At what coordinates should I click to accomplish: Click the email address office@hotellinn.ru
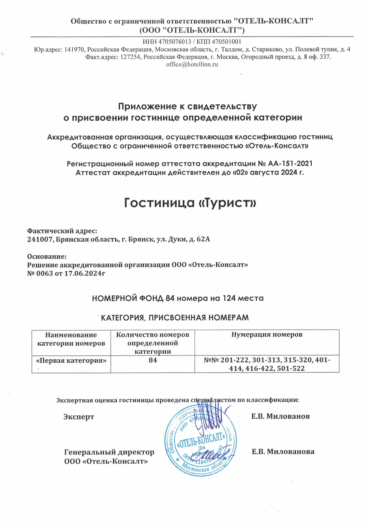click(192, 64)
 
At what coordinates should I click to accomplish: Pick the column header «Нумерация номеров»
click(267, 335)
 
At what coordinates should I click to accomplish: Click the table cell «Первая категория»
click(71, 360)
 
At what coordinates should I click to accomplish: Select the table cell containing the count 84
click(153, 360)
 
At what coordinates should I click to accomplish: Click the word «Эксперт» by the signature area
click(79, 417)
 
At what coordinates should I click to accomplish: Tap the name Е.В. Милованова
click(283, 452)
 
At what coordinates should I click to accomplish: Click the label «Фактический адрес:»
click(62, 231)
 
